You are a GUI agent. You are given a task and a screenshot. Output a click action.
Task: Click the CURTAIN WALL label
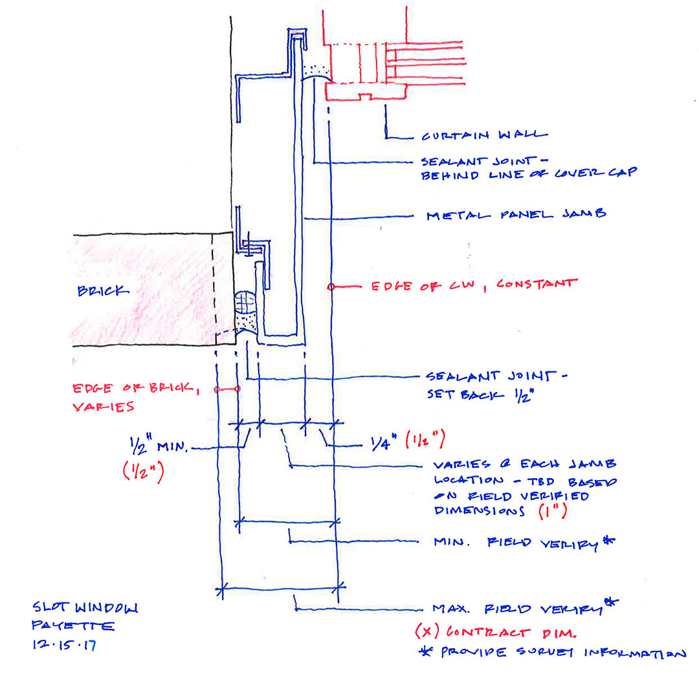484,136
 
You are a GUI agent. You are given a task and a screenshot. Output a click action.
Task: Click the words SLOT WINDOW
85,608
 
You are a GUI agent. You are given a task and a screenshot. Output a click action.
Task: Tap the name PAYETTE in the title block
73,626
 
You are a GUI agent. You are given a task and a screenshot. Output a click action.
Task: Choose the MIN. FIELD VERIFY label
523,542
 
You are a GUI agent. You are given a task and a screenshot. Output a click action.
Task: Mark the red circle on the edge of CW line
330,286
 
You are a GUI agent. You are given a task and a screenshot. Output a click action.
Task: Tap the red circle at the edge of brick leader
237,389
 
